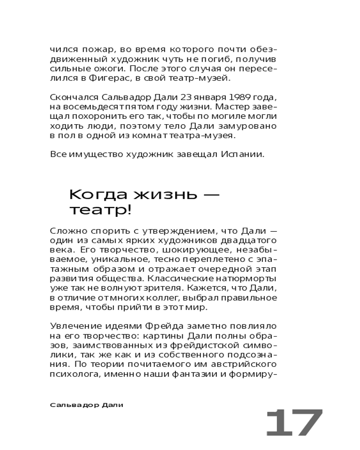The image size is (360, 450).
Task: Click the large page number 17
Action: [x=294, y=423]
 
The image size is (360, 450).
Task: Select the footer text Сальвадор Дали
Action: [x=86, y=405]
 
